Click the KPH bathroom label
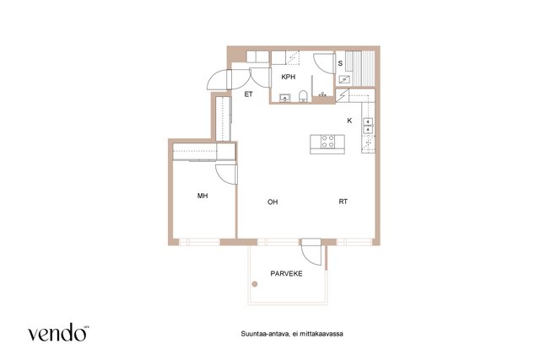coord(289,77)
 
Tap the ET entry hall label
coord(249,94)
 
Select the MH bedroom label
coord(202,196)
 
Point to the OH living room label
coord(273,202)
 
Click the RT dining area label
coord(343,201)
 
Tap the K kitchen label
coord(349,121)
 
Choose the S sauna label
coord(340,63)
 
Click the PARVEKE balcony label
coord(286,274)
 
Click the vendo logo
coord(57,332)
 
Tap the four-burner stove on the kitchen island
coord(327,142)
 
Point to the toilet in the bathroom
coord(303,96)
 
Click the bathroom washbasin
coord(285,98)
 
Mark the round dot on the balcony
coord(255,284)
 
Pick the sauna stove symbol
coord(344,79)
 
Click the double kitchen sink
coord(368,126)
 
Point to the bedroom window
coord(199,242)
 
